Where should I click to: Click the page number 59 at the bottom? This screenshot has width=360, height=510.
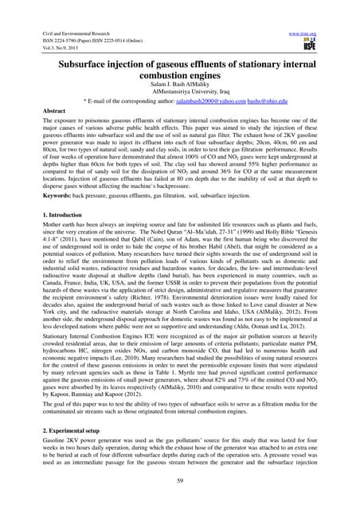coord(179,488)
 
